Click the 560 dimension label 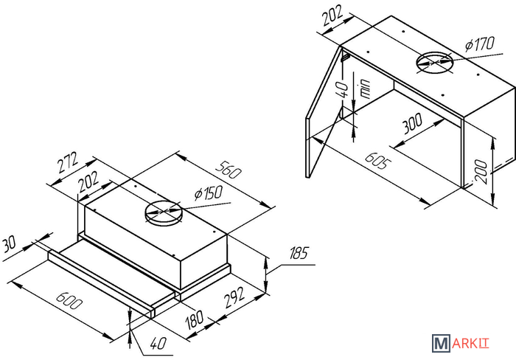pyautogui.click(x=229, y=170)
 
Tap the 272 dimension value pyautogui.click(x=68, y=162)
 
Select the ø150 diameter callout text pyautogui.click(x=209, y=193)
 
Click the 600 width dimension pyautogui.click(x=69, y=300)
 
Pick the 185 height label pyautogui.click(x=299, y=253)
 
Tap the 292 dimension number pyautogui.click(x=234, y=297)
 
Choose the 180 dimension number pyautogui.click(x=194, y=319)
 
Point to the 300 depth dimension pyautogui.click(x=412, y=123)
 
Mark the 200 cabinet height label pyautogui.click(x=481, y=171)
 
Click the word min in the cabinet pyautogui.click(x=365, y=89)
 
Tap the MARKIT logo pyautogui.click(x=461, y=343)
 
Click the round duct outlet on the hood pyautogui.click(x=163, y=212)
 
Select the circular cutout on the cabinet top pyautogui.click(x=434, y=63)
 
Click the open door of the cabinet pyautogui.click(x=324, y=112)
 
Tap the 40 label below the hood pyautogui.click(x=158, y=344)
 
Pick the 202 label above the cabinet pyautogui.click(x=332, y=15)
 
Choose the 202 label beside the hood pyautogui.click(x=88, y=181)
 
